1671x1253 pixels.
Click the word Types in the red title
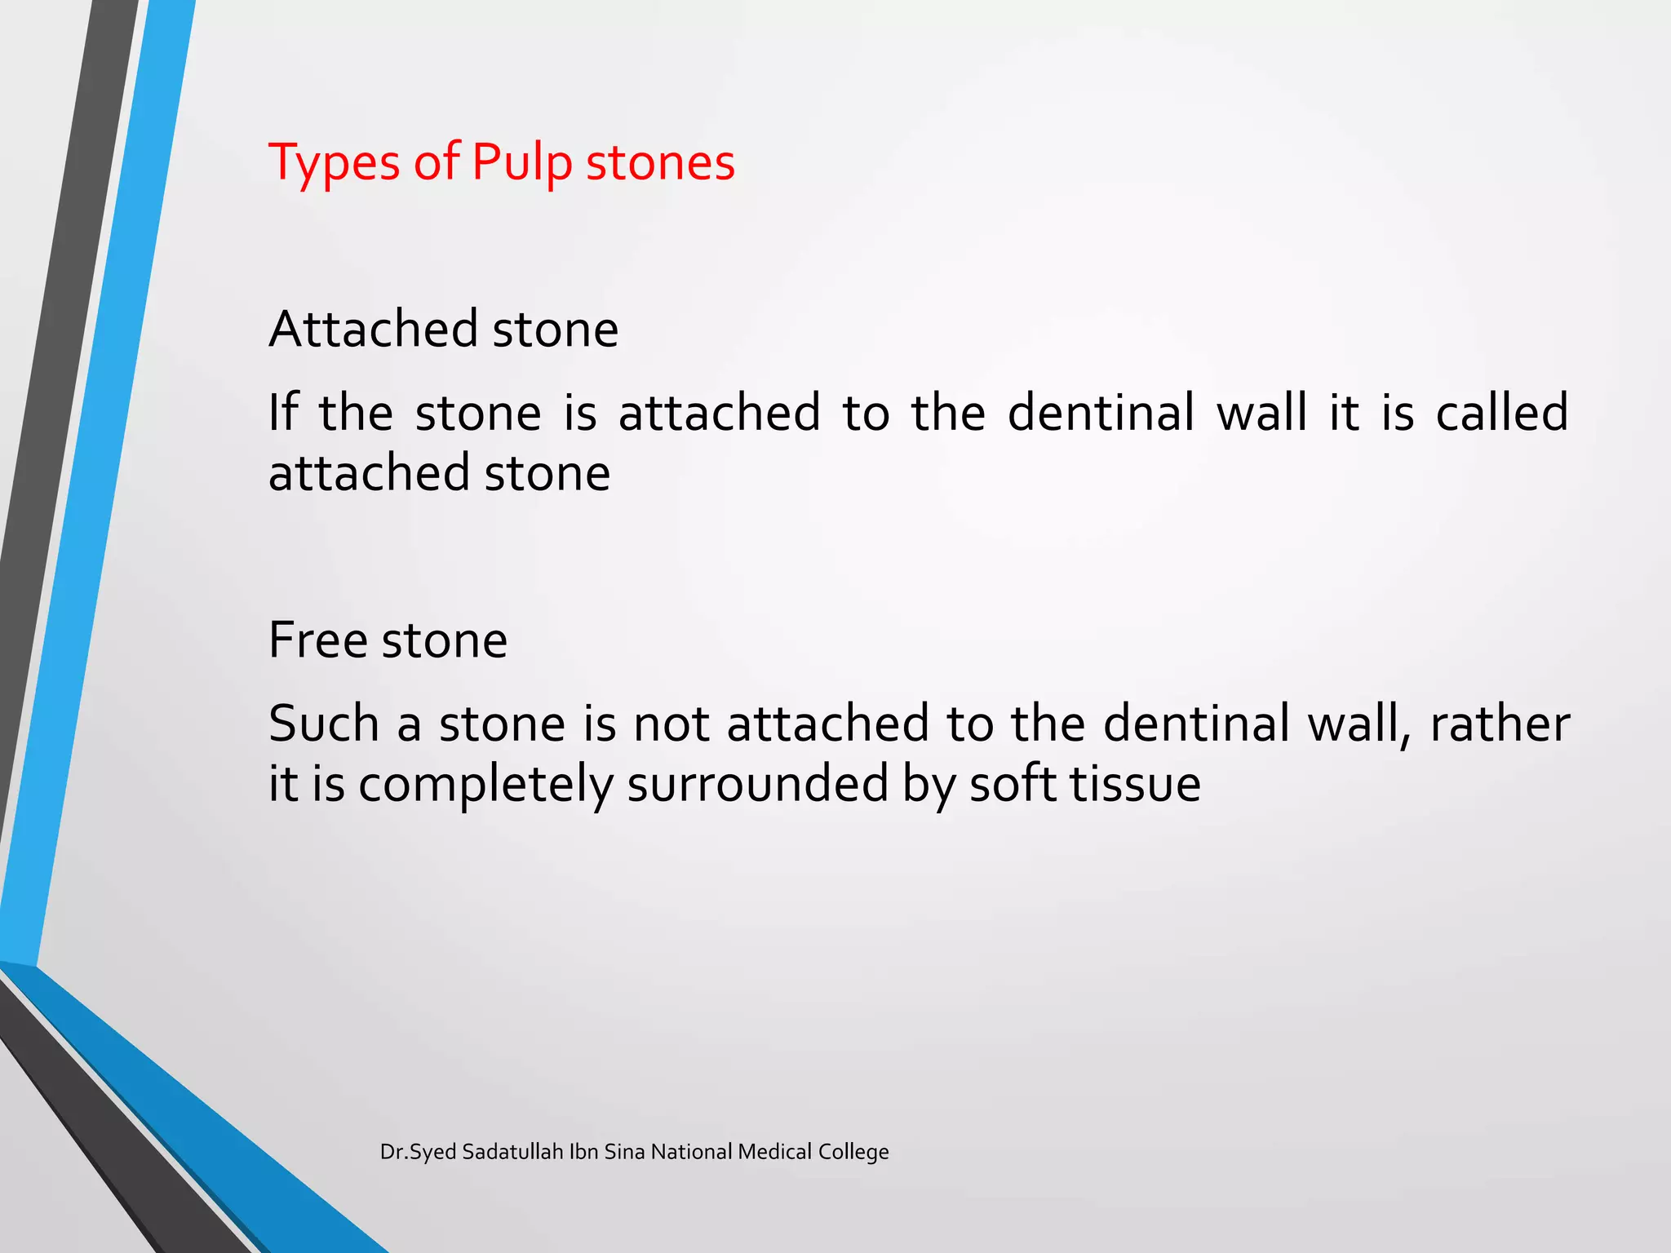coord(335,163)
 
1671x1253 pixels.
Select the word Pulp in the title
coord(522,163)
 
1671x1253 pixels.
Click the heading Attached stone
coord(443,330)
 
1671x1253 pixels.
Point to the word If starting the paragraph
coord(282,412)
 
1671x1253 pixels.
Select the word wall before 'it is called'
coord(1261,412)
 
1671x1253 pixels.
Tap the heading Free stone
coord(388,640)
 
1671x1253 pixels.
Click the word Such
coord(324,724)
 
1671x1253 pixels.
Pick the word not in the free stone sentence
coord(671,724)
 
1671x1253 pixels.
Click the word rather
coord(1500,724)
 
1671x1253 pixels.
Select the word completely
coord(485,785)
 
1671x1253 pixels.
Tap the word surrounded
coord(757,785)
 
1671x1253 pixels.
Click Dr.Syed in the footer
coord(419,1152)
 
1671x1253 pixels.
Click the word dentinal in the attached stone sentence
coord(1101,412)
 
